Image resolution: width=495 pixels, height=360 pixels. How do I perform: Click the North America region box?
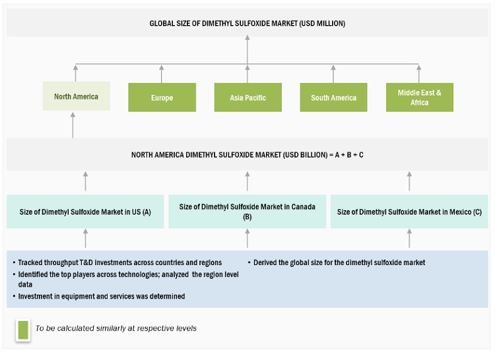[x=76, y=97]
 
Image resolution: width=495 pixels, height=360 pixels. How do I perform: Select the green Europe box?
[x=162, y=98]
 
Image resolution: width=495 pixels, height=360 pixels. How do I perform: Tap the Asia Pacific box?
[x=247, y=98]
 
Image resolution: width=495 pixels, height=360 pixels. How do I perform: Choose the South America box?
[x=333, y=98]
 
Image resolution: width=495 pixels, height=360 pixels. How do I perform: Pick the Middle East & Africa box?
[x=419, y=98]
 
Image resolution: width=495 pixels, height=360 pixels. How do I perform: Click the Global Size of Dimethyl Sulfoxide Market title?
[x=247, y=24]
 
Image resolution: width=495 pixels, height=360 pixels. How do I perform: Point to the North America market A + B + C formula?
[x=247, y=155]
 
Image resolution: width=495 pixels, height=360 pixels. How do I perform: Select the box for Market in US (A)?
[x=85, y=212]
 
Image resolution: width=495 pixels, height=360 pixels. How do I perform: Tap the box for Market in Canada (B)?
[x=247, y=212]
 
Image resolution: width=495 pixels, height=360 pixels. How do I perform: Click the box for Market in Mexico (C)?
[x=409, y=212]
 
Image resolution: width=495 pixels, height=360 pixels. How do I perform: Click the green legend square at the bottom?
[x=23, y=329]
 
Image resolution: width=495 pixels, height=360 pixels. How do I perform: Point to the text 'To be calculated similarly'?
[x=116, y=328]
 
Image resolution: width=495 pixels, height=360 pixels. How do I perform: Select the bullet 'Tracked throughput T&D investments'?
[x=119, y=262]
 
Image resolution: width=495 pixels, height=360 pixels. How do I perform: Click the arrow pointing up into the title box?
[x=247, y=49]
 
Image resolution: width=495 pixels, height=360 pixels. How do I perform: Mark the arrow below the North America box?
[x=73, y=124]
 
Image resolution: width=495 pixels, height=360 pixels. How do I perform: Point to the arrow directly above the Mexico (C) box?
[x=409, y=181]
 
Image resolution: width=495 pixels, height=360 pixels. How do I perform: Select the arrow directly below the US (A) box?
[x=85, y=239]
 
